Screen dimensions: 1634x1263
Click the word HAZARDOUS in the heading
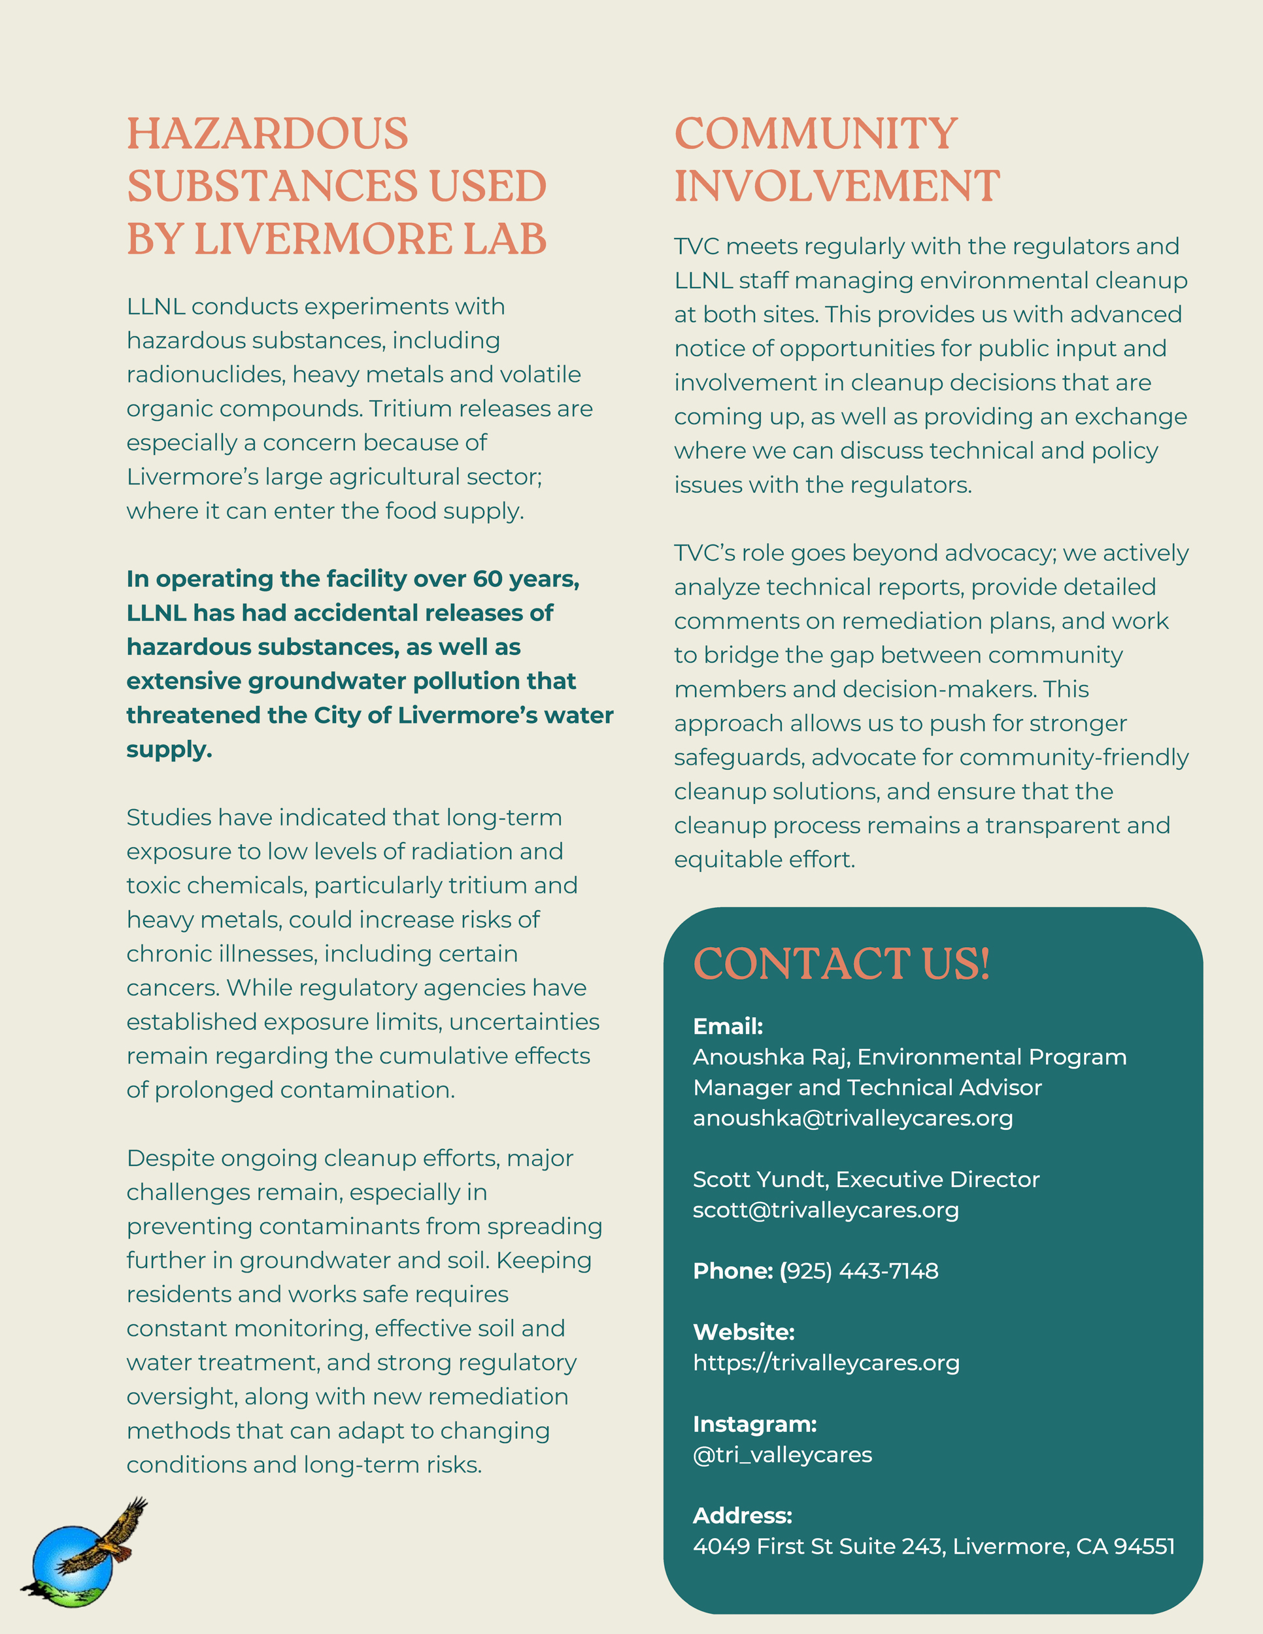click(x=267, y=134)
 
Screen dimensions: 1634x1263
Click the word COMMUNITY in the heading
click(x=816, y=134)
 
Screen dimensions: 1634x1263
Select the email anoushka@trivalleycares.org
click(x=852, y=1118)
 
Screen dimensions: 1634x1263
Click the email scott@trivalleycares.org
click(x=825, y=1210)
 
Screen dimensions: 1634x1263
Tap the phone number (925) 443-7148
click(x=858, y=1271)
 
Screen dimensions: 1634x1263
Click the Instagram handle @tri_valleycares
click(x=782, y=1454)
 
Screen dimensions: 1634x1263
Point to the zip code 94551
click(x=1144, y=1546)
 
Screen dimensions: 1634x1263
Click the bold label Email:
click(x=728, y=1027)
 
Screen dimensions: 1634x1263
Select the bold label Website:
click(x=743, y=1333)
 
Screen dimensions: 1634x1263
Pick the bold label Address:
click(x=741, y=1516)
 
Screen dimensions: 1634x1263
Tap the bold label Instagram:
click(x=754, y=1424)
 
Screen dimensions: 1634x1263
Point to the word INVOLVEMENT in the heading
click(x=837, y=186)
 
